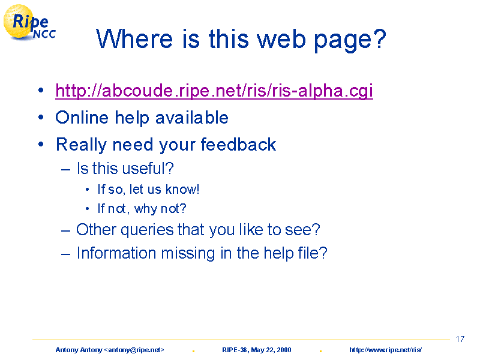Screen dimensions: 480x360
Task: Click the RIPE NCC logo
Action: coord(29,23)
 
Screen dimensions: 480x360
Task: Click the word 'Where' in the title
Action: coord(134,39)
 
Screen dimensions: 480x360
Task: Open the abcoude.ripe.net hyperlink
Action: coord(214,91)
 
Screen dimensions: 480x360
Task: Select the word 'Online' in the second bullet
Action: coord(82,118)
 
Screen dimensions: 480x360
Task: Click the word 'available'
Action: coord(191,118)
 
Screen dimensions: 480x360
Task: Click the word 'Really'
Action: coord(82,145)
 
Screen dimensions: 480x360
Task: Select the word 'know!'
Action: coord(182,189)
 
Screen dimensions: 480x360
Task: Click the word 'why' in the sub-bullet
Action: coord(146,209)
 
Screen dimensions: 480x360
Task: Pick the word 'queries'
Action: coord(147,230)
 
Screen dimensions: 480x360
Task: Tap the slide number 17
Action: coord(460,339)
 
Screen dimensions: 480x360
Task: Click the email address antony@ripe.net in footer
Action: coord(134,350)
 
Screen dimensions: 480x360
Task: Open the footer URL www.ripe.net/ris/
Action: coord(385,350)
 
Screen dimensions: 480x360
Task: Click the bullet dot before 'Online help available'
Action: coord(41,117)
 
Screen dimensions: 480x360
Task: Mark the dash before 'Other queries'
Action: coord(65,230)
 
